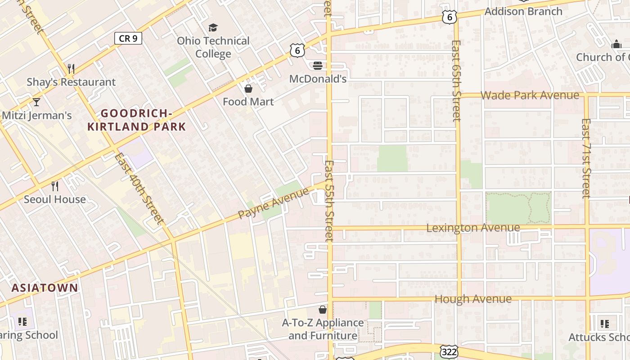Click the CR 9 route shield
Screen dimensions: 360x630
pos(128,39)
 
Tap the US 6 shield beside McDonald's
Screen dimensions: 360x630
pos(297,51)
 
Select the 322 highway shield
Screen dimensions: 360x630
pos(450,351)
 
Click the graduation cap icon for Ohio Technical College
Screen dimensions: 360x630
pos(213,28)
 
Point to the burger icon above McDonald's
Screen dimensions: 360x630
pos(318,66)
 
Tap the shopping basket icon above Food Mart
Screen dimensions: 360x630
pos(248,89)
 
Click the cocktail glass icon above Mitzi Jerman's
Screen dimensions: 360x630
pos(36,102)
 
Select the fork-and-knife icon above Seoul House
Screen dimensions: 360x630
pos(55,186)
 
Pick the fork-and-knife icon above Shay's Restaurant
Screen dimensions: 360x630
pos(71,69)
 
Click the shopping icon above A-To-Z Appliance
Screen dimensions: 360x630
pos(323,310)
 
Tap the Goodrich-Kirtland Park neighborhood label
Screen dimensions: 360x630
pos(136,120)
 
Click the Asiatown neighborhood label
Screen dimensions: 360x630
pos(45,288)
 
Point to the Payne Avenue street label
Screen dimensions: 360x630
pos(274,203)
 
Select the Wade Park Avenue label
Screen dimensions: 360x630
pos(530,95)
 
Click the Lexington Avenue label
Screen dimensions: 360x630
pos(473,228)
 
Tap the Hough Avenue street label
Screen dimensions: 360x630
pos(473,299)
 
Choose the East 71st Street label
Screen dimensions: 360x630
pos(585,158)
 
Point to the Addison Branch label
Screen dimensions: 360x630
pos(523,11)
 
